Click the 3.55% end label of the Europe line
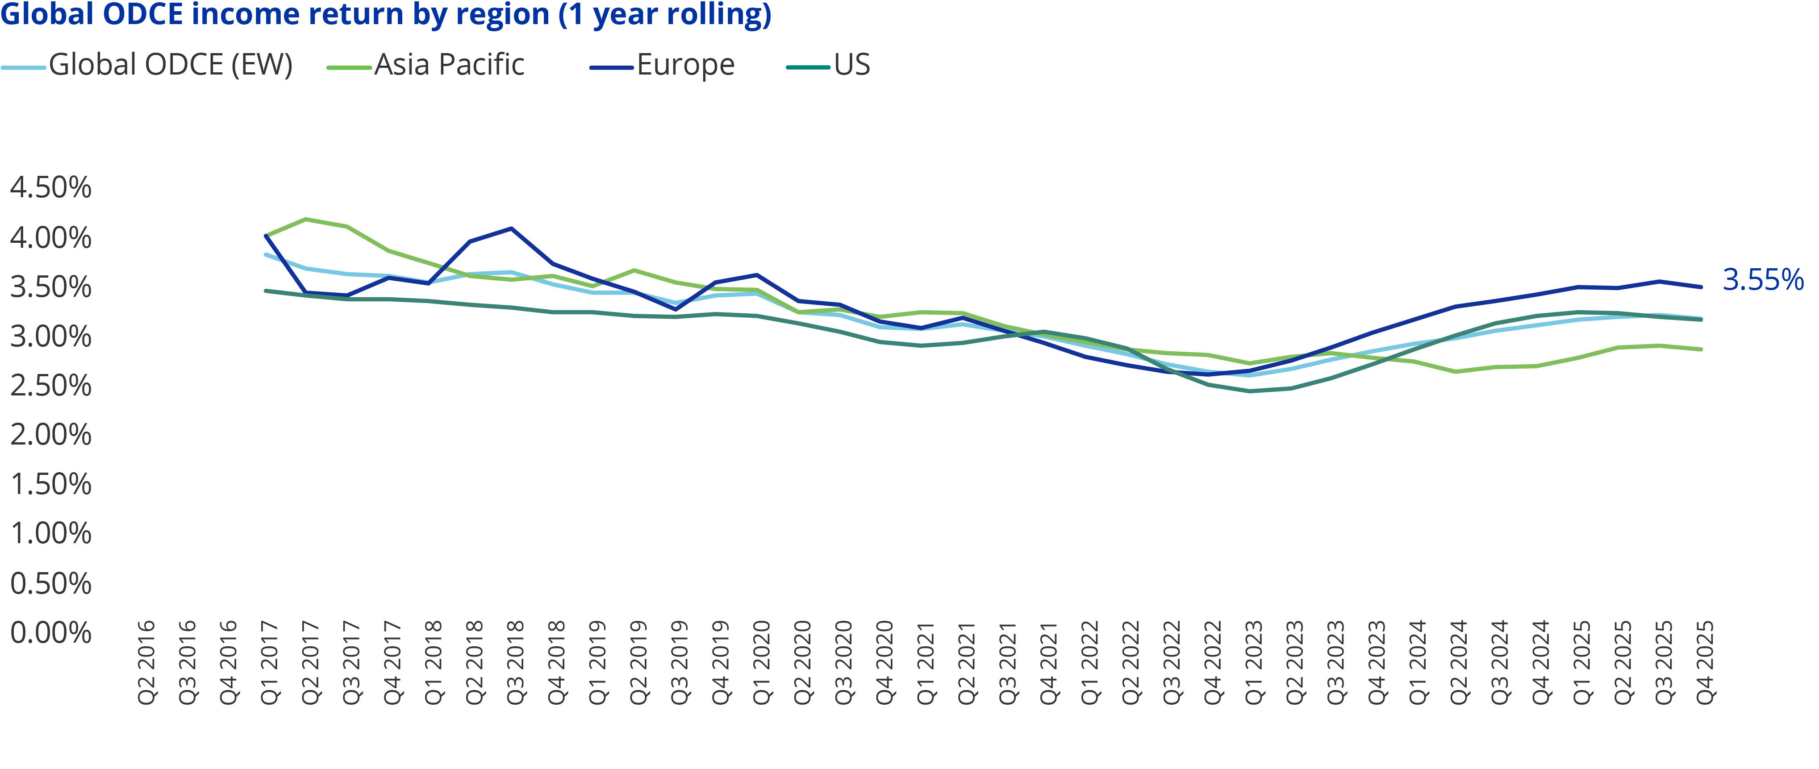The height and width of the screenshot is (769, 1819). (x=1762, y=280)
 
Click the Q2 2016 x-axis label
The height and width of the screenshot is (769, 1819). (x=146, y=662)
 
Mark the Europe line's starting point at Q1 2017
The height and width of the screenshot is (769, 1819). (x=266, y=236)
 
